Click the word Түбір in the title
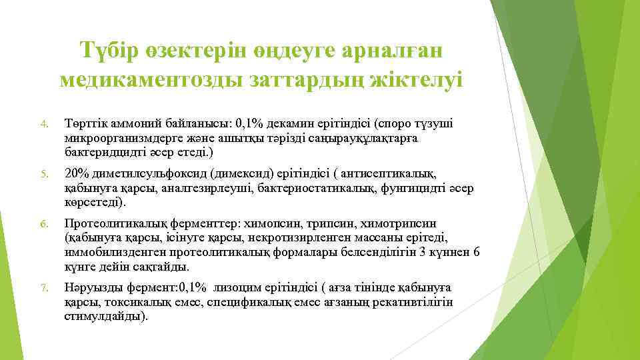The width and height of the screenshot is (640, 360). point(111,50)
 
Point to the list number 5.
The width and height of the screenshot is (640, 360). point(43,175)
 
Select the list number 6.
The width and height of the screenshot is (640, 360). point(43,224)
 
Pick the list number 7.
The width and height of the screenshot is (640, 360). point(43,288)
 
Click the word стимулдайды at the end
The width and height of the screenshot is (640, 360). point(104,316)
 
